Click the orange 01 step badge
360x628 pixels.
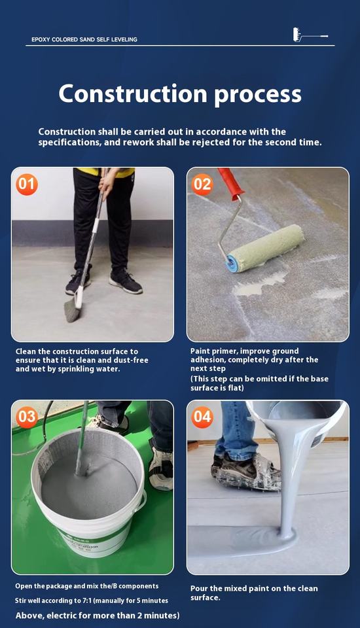27,184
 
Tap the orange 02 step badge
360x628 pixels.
202,184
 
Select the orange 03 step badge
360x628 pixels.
27,417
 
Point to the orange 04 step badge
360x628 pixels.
202,417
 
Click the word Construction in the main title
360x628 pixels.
133,94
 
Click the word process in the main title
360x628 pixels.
258,96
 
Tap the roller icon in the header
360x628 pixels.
310,35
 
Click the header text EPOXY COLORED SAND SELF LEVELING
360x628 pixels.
84,40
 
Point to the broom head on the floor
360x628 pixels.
73,310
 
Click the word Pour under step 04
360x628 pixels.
199,588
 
